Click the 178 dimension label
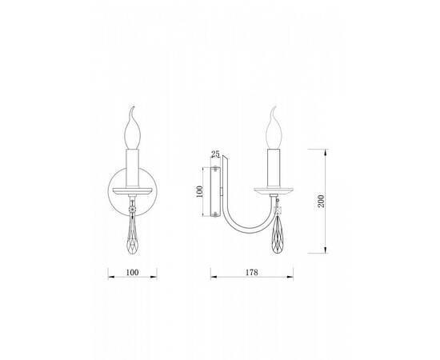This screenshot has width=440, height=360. tap(252, 272)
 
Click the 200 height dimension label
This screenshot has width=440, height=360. tap(321, 201)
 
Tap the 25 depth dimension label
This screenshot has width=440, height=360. tap(215, 154)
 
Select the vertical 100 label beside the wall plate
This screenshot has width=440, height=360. tap(199, 191)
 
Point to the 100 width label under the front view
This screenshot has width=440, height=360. tap(132, 272)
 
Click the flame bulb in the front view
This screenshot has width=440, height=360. tap(132, 128)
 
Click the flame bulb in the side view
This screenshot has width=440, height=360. tap(274, 128)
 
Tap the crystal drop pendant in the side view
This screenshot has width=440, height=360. tap(278, 234)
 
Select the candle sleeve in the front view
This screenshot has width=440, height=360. tap(133, 168)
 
